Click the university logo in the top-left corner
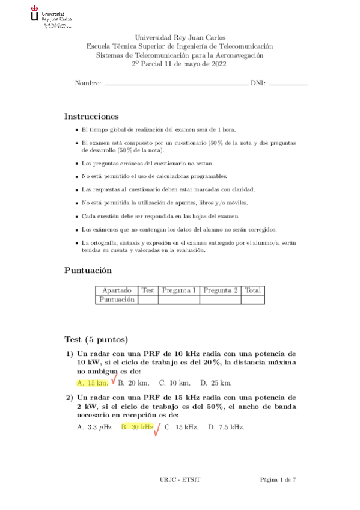point(50,17)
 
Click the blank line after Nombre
point(175,85)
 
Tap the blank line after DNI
point(288,85)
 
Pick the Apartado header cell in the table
point(117,290)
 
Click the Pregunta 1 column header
point(178,290)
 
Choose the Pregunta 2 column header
point(221,290)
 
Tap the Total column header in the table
point(253,290)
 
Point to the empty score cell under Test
point(148,299)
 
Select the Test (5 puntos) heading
point(96,339)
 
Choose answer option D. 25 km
point(216,382)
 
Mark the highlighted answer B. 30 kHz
point(138,427)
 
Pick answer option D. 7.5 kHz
point(226,427)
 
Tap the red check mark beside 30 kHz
point(157,429)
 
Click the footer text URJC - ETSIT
point(180,479)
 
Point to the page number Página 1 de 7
point(278,479)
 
